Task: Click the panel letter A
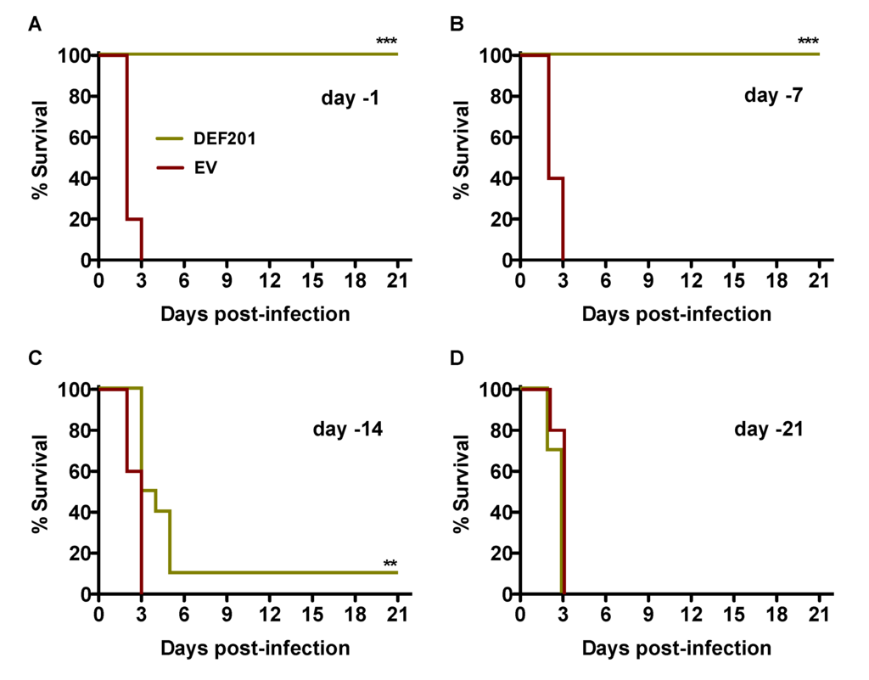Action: tap(35, 25)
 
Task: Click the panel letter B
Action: tap(456, 25)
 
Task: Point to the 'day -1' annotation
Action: tap(350, 98)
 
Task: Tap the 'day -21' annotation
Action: tap(769, 429)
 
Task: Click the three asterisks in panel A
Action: tap(387, 42)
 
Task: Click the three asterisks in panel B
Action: tap(808, 42)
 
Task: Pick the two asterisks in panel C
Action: tap(390, 565)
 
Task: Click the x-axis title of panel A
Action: tap(255, 314)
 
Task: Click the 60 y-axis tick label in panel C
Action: tap(79, 471)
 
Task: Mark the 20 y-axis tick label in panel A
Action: tap(79, 219)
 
